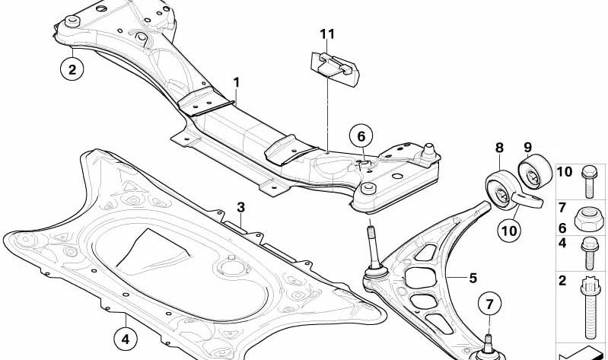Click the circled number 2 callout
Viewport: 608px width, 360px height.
coord(72,71)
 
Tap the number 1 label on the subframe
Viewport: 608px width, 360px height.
coord(237,81)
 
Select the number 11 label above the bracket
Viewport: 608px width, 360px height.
coord(327,33)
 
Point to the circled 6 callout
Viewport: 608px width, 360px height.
coord(361,137)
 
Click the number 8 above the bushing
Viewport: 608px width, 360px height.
coord(499,148)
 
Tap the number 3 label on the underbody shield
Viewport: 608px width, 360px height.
coord(240,207)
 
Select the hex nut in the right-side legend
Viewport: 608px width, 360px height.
coord(589,219)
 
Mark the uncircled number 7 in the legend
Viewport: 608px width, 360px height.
coord(563,208)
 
